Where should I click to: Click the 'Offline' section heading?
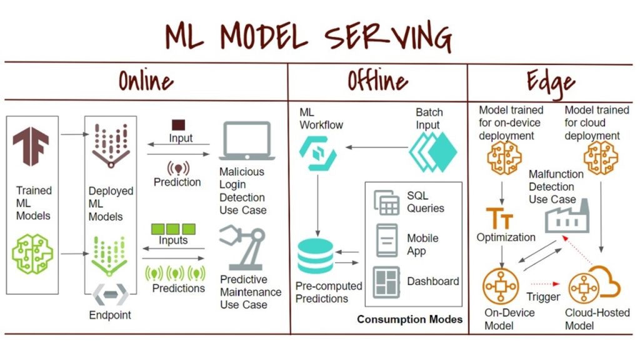(x=377, y=81)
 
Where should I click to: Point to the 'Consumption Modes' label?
(x=410, y=319)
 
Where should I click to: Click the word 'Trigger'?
(x=542, y=297)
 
